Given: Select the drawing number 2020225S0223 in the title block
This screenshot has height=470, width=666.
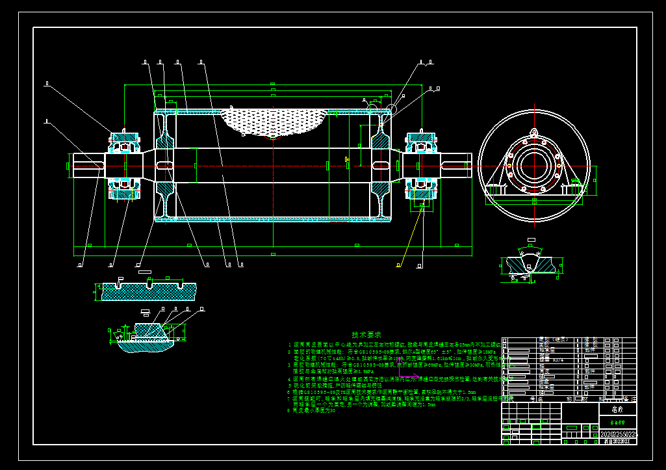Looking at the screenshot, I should click(x=617, y=434).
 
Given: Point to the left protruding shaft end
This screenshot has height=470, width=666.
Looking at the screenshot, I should click(x=85, y=164).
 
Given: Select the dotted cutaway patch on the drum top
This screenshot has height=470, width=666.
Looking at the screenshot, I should click(x=274, y=122).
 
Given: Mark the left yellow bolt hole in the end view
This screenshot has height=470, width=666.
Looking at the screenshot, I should click(x=509, y=160).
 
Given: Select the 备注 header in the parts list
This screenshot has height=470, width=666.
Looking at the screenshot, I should click(x=627, y=398).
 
